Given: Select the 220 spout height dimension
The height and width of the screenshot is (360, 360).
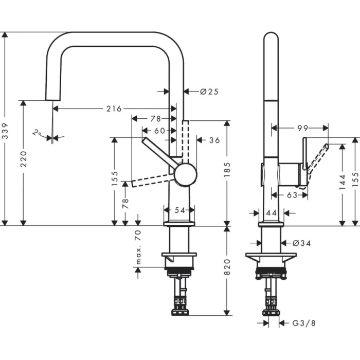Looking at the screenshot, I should (23, 163).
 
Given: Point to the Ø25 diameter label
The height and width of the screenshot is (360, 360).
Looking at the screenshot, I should (209, 92).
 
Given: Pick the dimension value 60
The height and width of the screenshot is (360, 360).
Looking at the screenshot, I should (159, 131).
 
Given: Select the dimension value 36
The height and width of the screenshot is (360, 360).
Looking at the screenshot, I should (214, 140).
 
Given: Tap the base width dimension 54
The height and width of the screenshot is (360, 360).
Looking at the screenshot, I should (178, 209).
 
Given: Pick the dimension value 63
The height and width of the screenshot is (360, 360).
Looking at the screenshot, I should (292, 195).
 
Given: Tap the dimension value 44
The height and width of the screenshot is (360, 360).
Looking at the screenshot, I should (271, 212).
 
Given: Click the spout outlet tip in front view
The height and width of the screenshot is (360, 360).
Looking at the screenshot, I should (52, 98).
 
